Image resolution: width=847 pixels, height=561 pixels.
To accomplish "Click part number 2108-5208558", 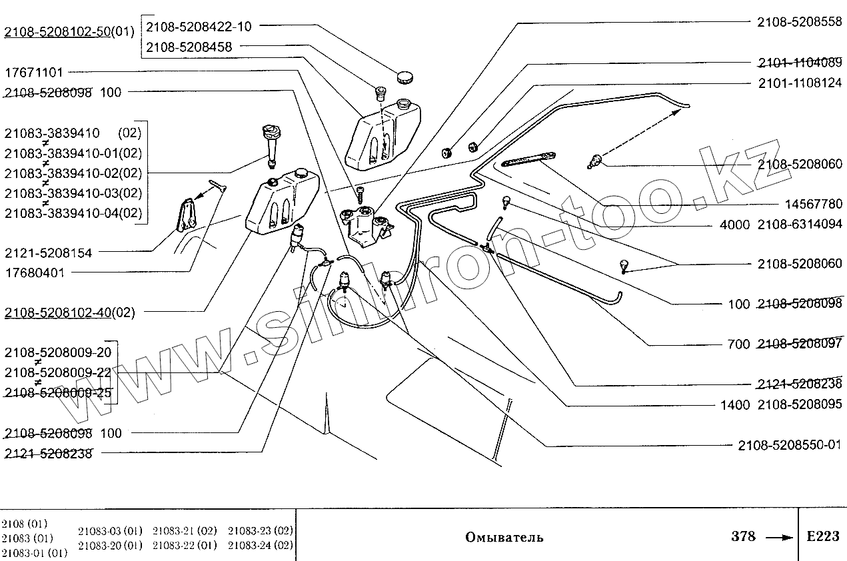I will click(x=799, y=22).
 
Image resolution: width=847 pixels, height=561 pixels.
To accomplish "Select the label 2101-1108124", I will click(x=799, y=84).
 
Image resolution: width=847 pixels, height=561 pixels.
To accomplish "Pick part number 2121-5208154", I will click(x=48, y=253).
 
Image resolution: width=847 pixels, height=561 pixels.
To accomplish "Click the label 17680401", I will click(x=35, y=272).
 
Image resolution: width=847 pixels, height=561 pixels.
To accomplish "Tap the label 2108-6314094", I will click(x=799, y=225).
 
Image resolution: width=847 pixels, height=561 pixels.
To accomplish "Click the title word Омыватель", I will click(x=504, y=537).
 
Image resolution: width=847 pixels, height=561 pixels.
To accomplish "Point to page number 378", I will click(x=743, y=536).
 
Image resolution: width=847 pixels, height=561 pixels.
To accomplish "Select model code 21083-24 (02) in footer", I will click(x=261, y=545).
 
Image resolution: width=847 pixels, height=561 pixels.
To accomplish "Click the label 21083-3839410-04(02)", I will click(x=73, y=214).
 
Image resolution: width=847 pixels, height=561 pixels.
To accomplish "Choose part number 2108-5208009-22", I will click(x=57, y=372).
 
